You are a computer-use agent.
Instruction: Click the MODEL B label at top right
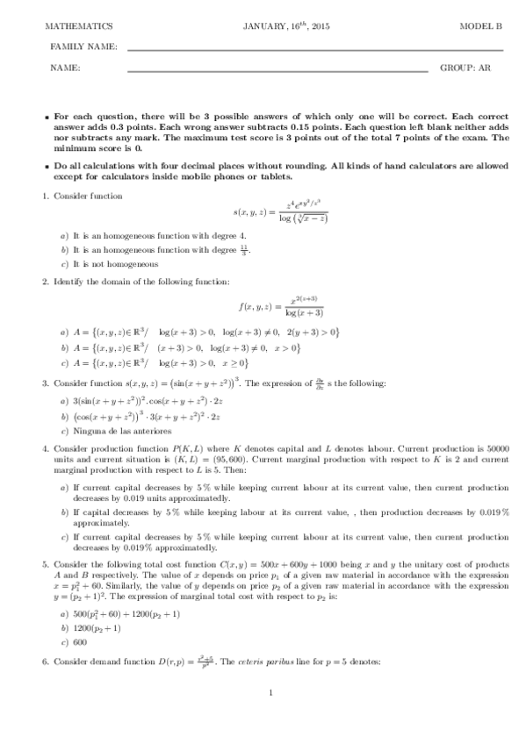coord(480,27)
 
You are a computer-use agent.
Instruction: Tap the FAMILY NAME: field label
coord(84,46)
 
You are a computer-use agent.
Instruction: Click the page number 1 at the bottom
coord(271,719)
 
